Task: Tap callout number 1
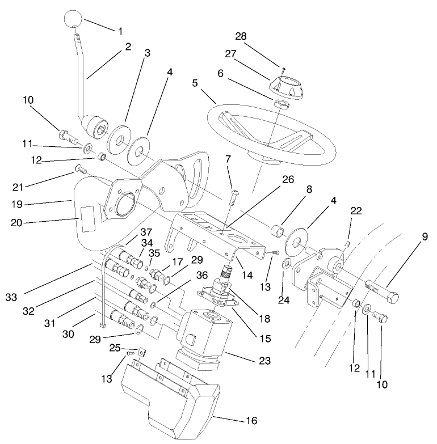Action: (119, 30)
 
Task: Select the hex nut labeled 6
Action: (280, 104)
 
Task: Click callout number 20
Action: (18, 223)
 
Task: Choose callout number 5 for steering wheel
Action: (196, 82)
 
